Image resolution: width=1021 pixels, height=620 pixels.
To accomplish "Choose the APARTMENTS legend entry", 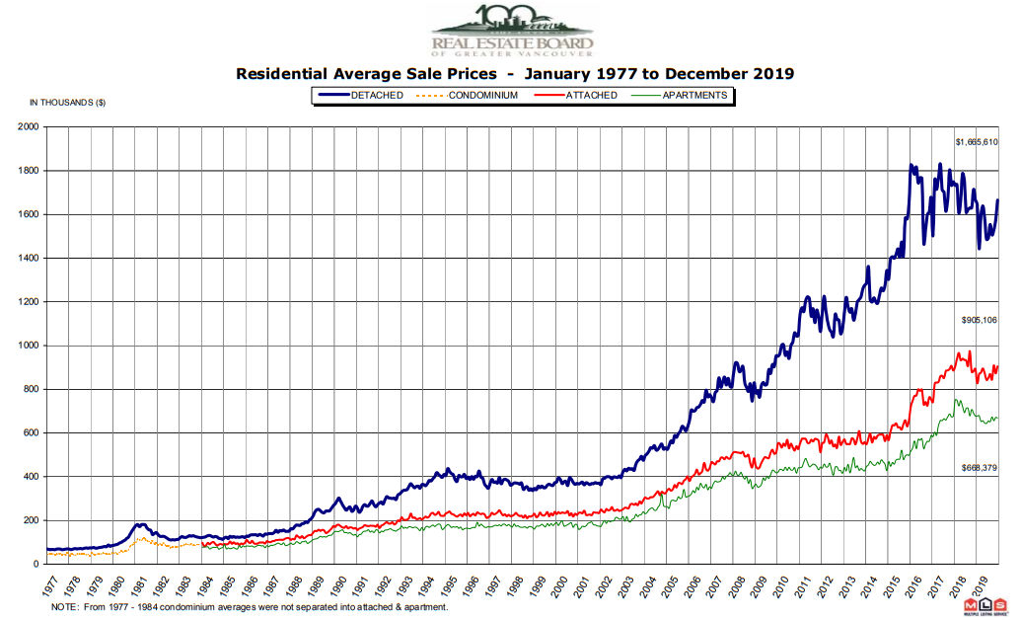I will point(694,96).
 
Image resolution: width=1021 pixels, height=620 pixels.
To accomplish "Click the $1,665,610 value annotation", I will point(977,142).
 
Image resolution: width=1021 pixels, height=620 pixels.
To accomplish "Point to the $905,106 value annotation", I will point(981,321).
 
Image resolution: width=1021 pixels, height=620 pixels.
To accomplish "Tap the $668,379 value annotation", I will point(981,468).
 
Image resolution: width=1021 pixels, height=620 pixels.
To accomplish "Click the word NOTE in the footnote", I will point(64,607).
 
